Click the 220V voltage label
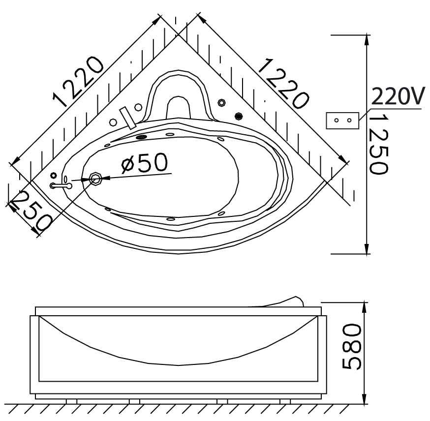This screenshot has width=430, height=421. (398, 96)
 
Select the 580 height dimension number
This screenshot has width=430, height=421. (352, 346)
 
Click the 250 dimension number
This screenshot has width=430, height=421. (32, 210)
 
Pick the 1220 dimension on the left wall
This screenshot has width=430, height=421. (78, 82)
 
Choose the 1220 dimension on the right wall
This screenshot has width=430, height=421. (283, 84)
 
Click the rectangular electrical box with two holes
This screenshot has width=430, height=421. (342, 120)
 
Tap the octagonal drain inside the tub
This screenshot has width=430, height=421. (96, 179)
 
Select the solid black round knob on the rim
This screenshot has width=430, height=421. (239, 116)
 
